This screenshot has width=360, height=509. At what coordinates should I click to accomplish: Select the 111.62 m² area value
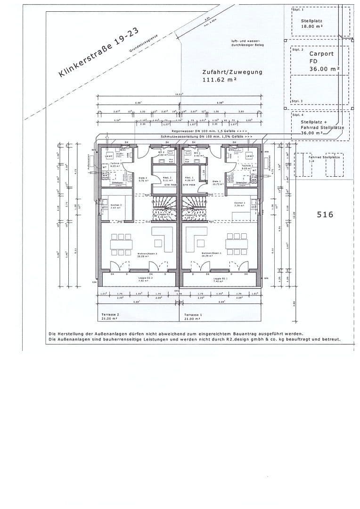(219, 80)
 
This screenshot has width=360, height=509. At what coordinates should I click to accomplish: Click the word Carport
(321, 54)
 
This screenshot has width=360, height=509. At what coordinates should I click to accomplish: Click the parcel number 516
(325, 214)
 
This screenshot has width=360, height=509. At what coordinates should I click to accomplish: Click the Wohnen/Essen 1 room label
(210, 254)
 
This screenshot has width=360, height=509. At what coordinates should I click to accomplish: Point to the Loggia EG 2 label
(145, 278)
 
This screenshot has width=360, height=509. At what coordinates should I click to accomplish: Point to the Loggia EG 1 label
(220, 279)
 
